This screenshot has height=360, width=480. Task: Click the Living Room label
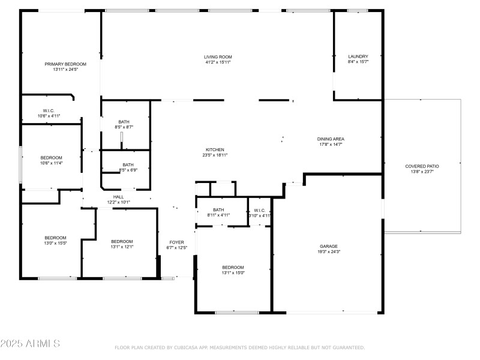tap(217, 57)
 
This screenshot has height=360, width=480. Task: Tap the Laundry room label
tap(358, 56)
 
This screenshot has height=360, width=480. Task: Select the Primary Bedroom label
tap(65, 64)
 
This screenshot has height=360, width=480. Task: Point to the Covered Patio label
tap(422, 166)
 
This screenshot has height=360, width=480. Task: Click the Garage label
tap(328, 247)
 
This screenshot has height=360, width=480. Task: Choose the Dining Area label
tap(331, 139)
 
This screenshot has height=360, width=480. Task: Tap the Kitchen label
tap(215, 149)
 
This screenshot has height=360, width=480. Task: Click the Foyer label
tap(177, 242)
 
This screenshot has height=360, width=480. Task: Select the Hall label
tap(118, 197)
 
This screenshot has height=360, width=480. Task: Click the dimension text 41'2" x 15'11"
tap(217, 62)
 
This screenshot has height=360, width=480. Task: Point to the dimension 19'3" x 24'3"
tap(328, 252)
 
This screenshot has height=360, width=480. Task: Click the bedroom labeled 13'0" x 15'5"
tap(55, 238)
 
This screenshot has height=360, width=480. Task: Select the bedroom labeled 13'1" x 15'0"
tap(233, 268)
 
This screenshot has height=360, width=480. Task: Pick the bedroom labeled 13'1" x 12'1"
tap(122, 242)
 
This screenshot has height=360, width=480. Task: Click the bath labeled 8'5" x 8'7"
tap(124, 122)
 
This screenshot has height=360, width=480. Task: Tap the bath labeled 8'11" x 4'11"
tap(218, 210)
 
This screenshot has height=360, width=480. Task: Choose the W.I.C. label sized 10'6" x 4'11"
tap(49, 111)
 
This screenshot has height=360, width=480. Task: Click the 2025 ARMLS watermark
tap(30, 344)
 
